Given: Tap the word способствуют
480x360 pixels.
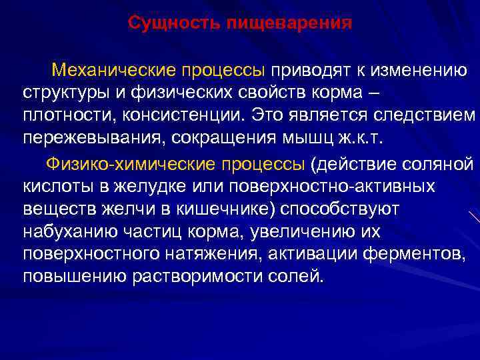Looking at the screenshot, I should (341, 209).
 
